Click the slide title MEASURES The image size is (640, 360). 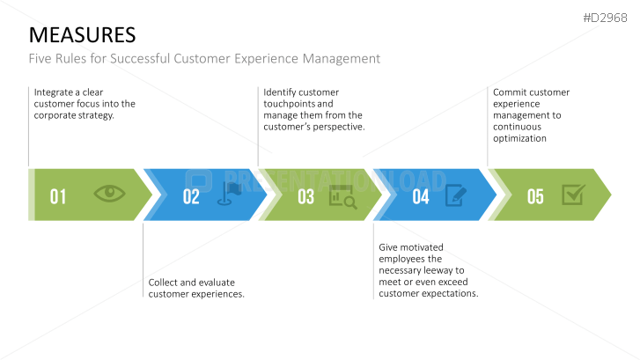click(x=83, y=34)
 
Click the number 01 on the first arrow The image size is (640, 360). click(x=58, y=196)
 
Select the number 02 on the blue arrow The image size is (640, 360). click(x=191, y=196)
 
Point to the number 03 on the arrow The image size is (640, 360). click(x=305, y=196)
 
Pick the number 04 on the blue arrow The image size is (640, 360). click(x=421, y=196)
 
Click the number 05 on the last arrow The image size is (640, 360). click(x=535, y=196)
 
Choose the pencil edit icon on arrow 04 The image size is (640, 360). click(x=457, y=195)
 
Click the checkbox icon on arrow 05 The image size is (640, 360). click(x=572, y=195)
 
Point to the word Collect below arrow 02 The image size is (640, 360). click(x=166, y=283)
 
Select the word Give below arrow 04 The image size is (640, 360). click(x=389, y=249)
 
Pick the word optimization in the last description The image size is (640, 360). click(x=519, y=138)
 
